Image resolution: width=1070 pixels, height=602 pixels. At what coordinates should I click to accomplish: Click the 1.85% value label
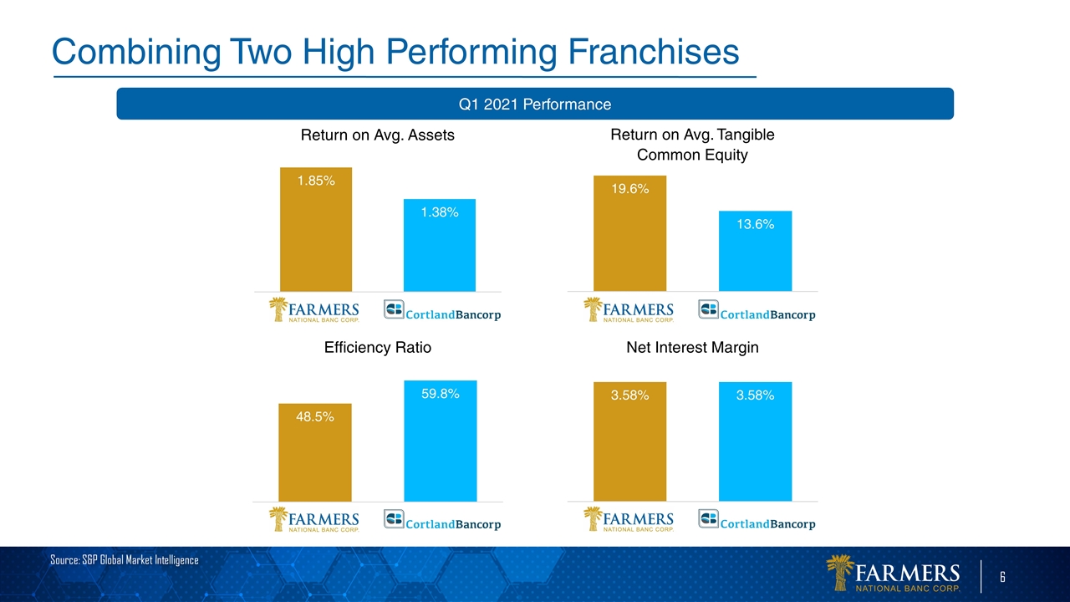point(315,181)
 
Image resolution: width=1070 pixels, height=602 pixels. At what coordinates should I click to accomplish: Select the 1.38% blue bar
point(440,251)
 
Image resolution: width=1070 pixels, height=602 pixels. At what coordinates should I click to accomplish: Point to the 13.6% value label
point(755,224)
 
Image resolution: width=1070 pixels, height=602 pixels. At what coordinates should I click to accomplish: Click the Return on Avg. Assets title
point(377,135)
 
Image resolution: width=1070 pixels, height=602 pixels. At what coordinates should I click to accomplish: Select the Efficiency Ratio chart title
point(377,347)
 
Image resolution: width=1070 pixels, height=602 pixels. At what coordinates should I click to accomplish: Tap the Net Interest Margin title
point(692,347)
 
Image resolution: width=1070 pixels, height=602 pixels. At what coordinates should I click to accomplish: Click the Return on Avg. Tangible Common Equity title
point(692,145)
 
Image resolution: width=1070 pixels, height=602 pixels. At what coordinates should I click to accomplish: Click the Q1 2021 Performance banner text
point(535,105)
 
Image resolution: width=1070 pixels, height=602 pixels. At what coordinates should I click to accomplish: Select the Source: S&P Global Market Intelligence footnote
point(125,559)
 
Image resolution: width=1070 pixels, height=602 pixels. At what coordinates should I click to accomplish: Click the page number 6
point(1001,578)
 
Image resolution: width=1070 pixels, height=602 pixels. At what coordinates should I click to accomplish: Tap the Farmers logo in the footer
point(894,574)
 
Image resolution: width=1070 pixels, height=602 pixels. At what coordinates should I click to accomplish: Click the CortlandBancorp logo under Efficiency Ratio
point(442,520)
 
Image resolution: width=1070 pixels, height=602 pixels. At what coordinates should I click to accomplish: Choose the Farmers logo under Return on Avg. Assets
point(314,309)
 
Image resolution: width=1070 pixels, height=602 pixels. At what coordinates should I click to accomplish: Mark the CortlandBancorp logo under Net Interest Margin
point(757,520)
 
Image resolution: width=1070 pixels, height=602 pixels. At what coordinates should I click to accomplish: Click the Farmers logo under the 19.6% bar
point(629,309)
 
